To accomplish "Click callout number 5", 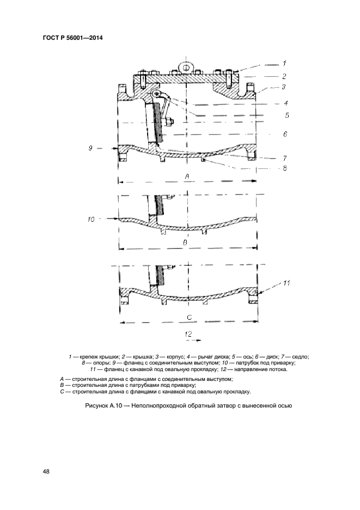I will click(286, 115).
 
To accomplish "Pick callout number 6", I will click(285, 133).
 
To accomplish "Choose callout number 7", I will click(285, 158).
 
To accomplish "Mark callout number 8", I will click(285, 168).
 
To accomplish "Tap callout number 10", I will click(91, 219).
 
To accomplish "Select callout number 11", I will click(287, 283).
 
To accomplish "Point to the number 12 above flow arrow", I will click(188, 333).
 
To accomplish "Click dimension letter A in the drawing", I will click(187, 176).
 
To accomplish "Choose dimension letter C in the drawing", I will click(189, 317).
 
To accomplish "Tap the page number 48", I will click(46, 471).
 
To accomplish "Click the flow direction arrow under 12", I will click(191, 341).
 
